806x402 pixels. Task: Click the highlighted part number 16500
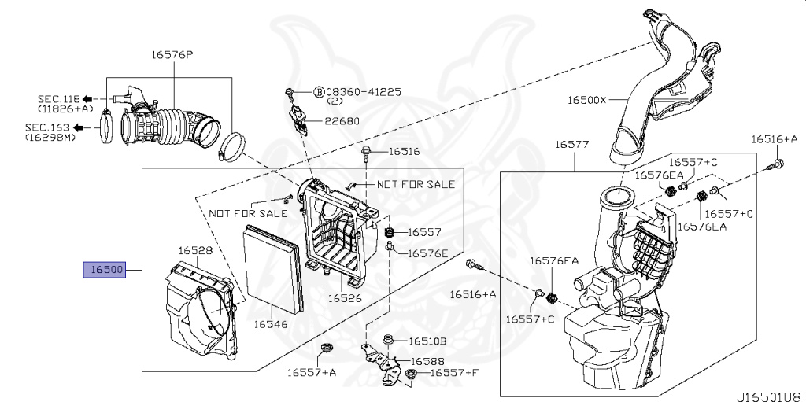point(105,270)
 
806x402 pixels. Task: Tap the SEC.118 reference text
point(58,99)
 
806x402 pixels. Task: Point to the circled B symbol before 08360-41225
point(319,92)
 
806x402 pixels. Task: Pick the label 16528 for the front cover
point(194,250)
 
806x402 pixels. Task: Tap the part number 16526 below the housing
point(345,298)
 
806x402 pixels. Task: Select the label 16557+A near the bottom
point(311,372)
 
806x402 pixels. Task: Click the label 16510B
point(427,341)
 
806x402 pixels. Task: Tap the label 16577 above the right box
point(572,145)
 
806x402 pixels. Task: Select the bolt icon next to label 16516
point(367,151)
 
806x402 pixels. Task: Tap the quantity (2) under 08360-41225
point(335,102)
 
